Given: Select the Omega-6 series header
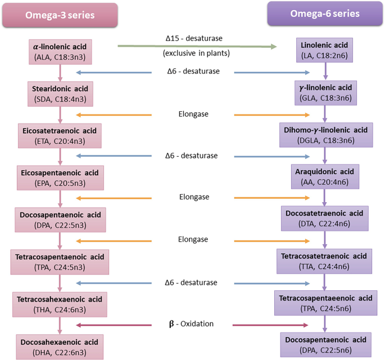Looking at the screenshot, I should [325, 13].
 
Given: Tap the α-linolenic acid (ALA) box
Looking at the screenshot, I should [61, 51].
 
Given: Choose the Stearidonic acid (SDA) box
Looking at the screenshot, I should [61, 94].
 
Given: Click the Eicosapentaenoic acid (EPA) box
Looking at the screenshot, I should [61, 177].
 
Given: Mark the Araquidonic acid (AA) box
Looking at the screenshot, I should [324, 177].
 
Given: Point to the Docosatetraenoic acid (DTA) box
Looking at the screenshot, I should [324, 220].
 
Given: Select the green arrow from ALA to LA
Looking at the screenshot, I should [197, 47].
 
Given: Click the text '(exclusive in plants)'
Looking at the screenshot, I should [194, 54].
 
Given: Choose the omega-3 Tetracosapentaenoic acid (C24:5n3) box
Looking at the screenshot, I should [60, 262].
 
